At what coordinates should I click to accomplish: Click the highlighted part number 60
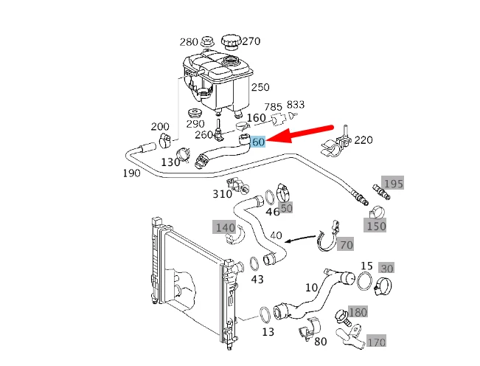tap(259, 142)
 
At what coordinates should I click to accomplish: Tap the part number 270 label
tap(251, 41)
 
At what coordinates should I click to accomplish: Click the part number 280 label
tap(189, 41)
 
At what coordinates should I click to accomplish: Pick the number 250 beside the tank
tap(260, 87)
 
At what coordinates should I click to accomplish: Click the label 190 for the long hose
tap(132, 174)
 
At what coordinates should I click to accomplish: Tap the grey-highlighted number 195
tap(393, 183)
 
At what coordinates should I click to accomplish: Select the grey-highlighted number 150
tap(376, 226)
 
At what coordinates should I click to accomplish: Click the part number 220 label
tap(364, 140)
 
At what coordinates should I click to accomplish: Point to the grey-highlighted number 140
tap(225, 227)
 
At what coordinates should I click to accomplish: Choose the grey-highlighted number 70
tap(346, 244)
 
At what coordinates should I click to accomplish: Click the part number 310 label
tap(222, 194)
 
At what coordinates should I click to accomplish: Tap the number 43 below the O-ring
tap(257, 280)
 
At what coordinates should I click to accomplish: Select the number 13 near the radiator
tap(268, 332)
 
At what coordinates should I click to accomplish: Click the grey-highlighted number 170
tap(376, 342)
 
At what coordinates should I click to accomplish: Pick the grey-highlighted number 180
tap(358, 312)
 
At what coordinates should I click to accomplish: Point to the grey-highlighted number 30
tap(387, 268)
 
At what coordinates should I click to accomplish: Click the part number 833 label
tap(296, 106)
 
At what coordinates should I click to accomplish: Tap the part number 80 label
tap(320, 342)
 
